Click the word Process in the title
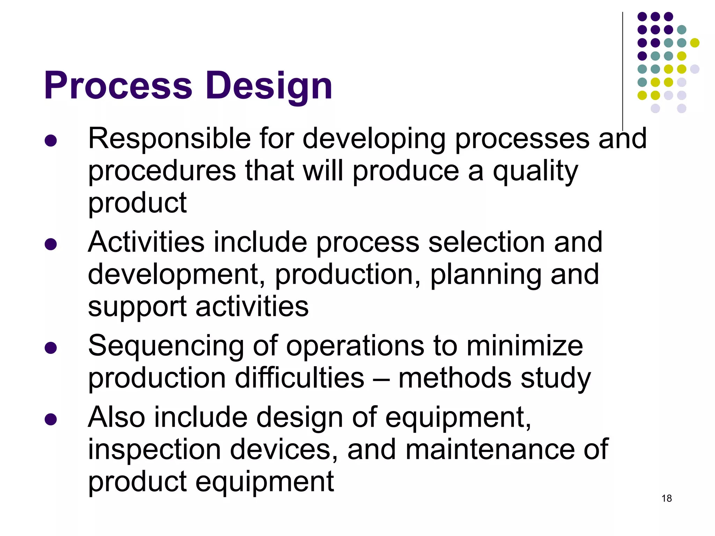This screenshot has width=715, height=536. [118, 86]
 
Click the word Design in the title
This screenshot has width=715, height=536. [269, 86]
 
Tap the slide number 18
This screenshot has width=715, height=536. [666, 498]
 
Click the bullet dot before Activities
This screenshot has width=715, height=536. [51, 244]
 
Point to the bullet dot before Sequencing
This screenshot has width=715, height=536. [51, 348]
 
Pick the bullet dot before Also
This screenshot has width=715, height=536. [51, 419]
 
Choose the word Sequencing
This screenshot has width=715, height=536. [166, 346]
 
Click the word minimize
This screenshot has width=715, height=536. [524, 346]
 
